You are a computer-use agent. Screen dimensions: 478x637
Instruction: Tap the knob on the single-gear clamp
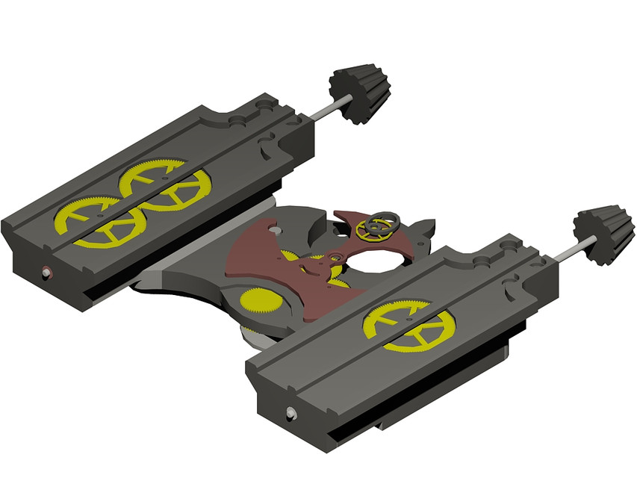click(x=602, y=234)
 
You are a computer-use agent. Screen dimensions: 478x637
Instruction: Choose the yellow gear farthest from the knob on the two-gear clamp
click(x=99, y=222)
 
